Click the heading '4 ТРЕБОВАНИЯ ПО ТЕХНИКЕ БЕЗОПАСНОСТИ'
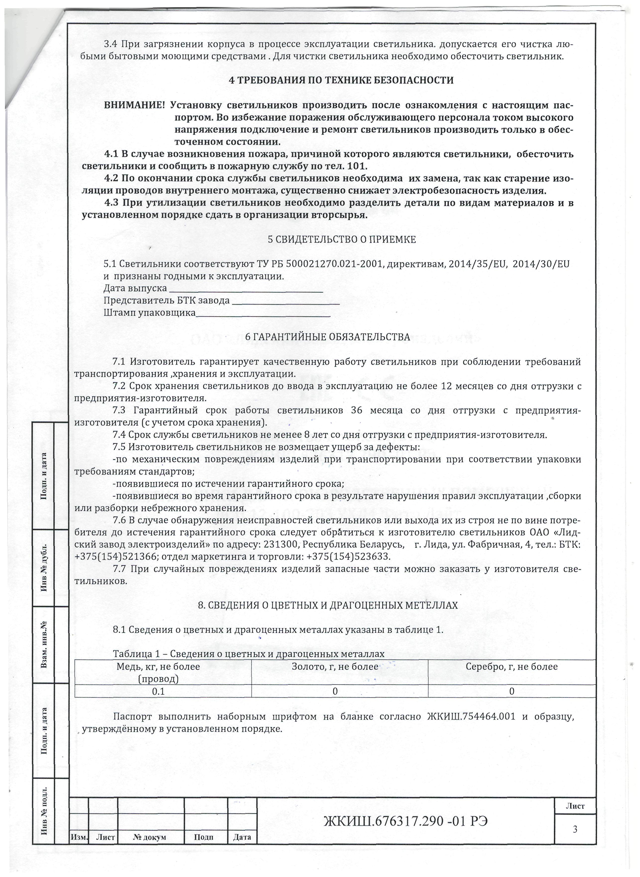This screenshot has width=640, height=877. [341, 81]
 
